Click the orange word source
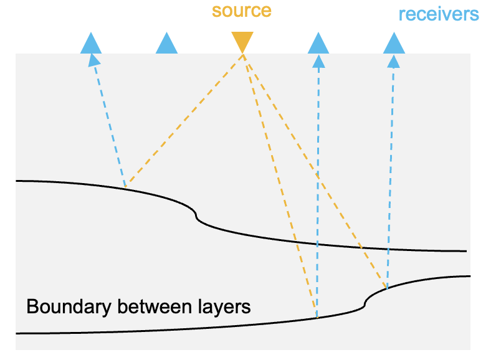coord(242,11)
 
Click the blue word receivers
coord(439,14)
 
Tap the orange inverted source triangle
coord(242,42)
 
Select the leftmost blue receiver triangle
coord(91,43)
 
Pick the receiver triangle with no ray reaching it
coord(166,43)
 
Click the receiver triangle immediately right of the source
coord(318,43)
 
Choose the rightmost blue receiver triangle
coord(394,43)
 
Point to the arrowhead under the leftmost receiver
coord(93,60)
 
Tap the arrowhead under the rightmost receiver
coord(393,61)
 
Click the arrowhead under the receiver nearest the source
coord(318,61)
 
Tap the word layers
coord(224,307)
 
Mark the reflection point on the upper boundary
coord(125,187)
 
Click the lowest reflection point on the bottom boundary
coord(317,318)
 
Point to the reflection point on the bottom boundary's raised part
coord(387,289)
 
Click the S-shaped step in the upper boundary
coord(196,216)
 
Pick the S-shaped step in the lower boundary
coord(365,302)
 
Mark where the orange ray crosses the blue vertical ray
coord(318,175)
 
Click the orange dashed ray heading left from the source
coord(184,121)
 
